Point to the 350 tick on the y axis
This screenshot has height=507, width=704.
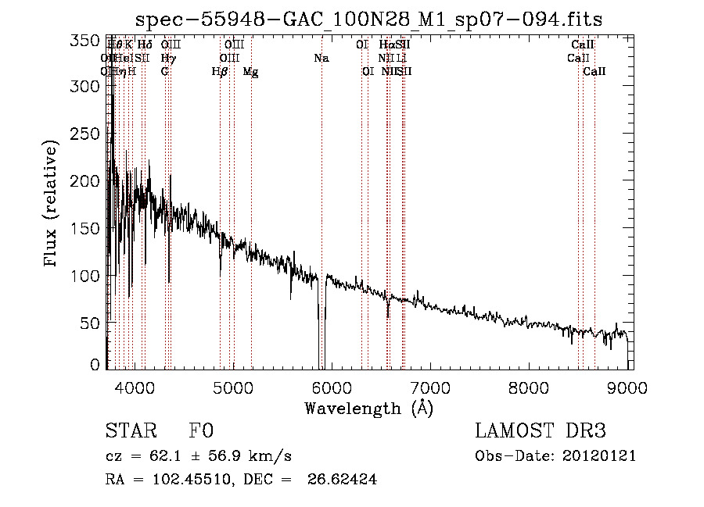tap(92, 41)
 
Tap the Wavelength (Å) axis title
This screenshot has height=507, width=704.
tap(368, 409)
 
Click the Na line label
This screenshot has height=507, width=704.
tap(321, 58)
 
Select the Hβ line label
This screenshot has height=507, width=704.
tap(220, 71)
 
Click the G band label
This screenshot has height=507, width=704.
tap(165, 71)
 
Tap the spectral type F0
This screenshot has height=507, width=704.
tap(202, 432)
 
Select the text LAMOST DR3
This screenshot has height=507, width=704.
tap(541, 432)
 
